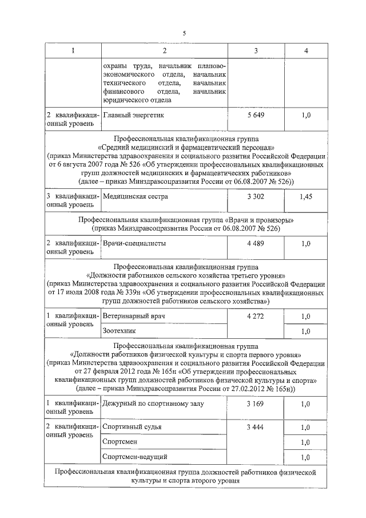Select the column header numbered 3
tap(256, 51)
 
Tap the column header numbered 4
tap(307, 51)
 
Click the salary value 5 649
tap(256, 115)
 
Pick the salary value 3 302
tap(256, 196)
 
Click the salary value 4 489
tap(256, 243)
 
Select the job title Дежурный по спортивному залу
tap(153, 404)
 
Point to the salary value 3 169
tap(256, 404)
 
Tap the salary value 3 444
tap(256, 427)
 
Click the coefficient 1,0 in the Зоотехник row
tap(305, 331)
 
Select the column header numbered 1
tap(73, 51)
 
